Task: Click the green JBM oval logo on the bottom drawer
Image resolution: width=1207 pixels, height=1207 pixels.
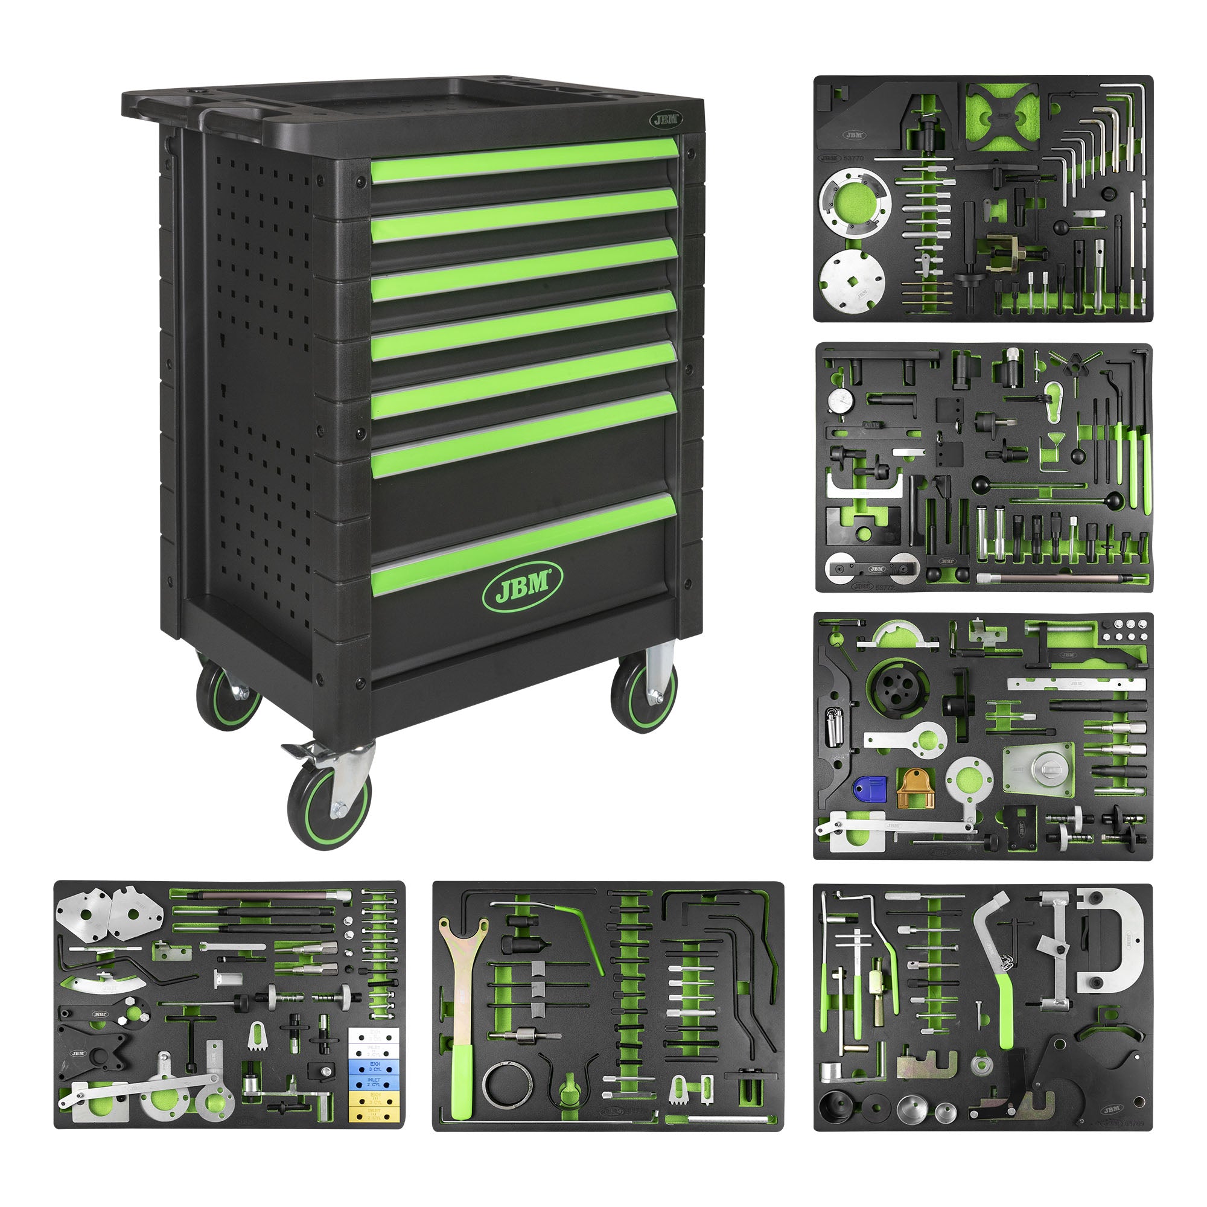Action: coord(522,585)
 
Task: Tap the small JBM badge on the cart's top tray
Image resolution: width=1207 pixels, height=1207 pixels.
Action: coord(664,120)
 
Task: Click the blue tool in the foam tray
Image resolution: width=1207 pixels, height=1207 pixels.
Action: coord(870,789)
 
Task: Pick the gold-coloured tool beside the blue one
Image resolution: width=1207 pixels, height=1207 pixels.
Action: coord(915,788)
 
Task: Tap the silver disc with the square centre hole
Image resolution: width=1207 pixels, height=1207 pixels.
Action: coord(852,282)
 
